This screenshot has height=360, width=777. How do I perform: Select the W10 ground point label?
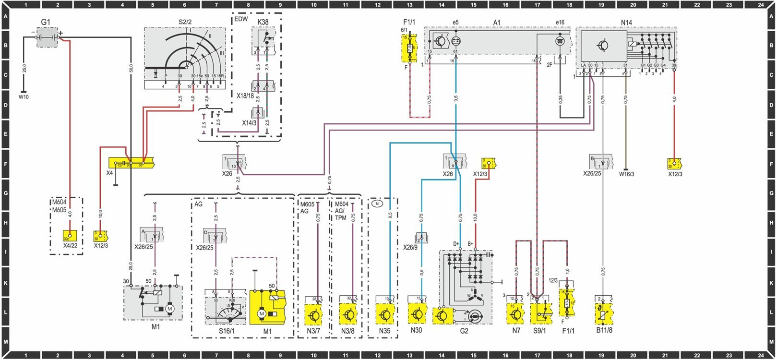point(24,97)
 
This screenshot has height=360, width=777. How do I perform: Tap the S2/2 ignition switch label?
point(184,22)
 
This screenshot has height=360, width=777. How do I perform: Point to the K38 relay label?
point(263,22)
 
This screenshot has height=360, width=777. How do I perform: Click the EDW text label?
point(241,20)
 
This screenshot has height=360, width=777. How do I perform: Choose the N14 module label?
point(626,22)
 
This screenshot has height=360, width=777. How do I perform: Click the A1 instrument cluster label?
point(497,22)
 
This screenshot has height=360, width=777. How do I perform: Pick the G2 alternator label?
point(464,331)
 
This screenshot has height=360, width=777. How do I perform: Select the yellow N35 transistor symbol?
point(385,315)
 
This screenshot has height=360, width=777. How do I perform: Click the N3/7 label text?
point(313,331)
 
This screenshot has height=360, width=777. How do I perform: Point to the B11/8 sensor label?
point(604,330)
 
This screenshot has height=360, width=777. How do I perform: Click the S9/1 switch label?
point(540,331)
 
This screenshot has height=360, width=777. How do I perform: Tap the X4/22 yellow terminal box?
point(70,236)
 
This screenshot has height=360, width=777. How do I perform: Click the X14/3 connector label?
point(249,123)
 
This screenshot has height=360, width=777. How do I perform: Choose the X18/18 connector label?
point(245,96)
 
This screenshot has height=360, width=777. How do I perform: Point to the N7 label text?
point(516,331)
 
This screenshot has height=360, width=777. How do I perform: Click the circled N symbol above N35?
point(377,204)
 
